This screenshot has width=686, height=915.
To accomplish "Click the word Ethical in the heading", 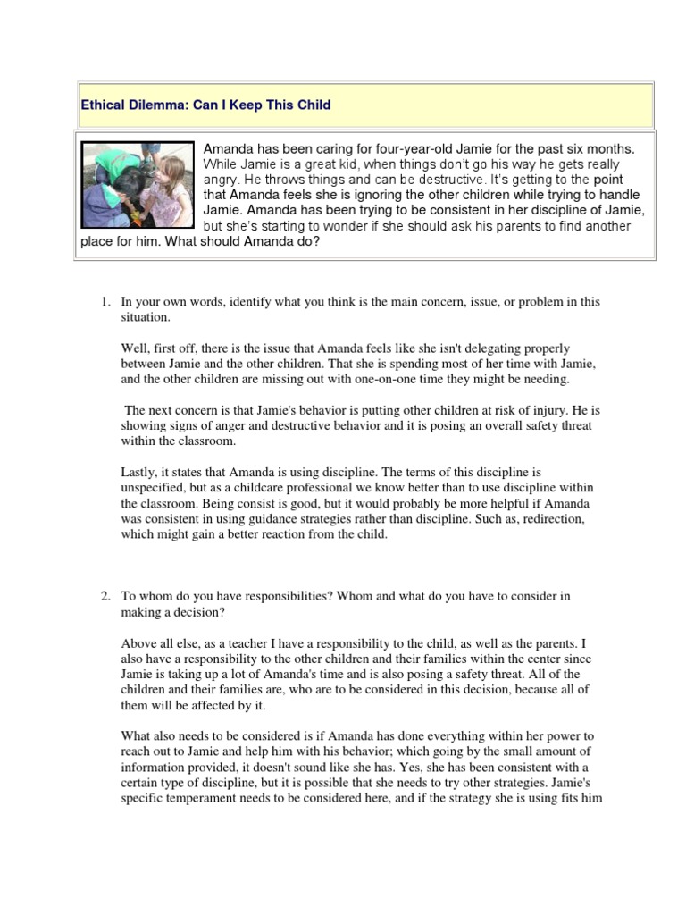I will (x=101, y=105).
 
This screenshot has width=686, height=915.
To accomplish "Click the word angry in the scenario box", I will (x=223, y=180).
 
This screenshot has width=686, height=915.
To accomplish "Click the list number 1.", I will (x=104, y=302).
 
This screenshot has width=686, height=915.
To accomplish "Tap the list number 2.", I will (x=104, y=595).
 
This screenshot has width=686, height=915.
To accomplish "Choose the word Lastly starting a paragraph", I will (x=138, y=471).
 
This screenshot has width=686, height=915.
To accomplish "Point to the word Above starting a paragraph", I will (x=138, y=642).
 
